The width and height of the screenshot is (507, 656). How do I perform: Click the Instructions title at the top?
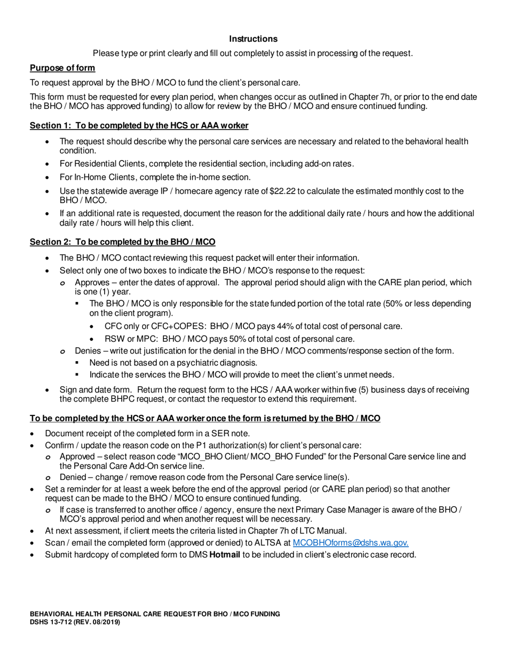tap(253, 39)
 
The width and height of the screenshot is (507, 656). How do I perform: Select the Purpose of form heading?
tap(62, 68)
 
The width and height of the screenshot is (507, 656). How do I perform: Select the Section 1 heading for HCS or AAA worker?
tap(139, 125)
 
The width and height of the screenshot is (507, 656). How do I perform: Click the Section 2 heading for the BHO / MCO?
tap(122, 242)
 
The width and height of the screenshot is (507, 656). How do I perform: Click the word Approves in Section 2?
tap(94, 282)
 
